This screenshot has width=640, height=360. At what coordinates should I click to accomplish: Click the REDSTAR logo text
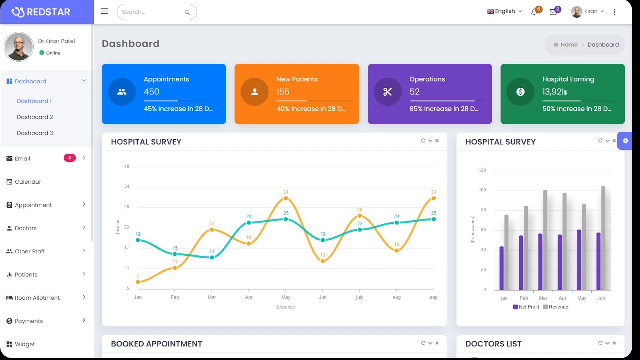tap(48, 12)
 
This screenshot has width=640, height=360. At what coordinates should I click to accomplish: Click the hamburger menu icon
tap(104, 11)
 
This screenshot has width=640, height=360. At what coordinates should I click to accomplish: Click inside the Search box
tap(152, 12)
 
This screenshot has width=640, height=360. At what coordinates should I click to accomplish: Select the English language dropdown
tap(504, 11)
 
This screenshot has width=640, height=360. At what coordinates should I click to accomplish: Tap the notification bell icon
tap(534, 12)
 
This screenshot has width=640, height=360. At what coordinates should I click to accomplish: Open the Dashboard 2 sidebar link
tap(35, 117)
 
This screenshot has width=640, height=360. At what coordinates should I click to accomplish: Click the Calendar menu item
tap(28, 182)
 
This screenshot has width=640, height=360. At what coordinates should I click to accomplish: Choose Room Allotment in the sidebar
tap(37, 298)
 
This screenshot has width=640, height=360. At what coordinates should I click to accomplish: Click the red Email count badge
tap(69, 158)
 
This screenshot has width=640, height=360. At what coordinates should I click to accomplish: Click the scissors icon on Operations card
tap(387, 92)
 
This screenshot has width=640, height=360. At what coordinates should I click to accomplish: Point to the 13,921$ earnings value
tap(554, 92)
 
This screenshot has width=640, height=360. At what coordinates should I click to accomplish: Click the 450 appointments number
tap(151, 92)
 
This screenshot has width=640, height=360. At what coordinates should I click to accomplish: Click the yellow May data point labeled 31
tap(286, 198)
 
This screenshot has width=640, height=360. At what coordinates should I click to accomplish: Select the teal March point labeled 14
tap(212, 258)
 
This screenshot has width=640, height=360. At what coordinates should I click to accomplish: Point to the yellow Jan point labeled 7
tap(138, 282)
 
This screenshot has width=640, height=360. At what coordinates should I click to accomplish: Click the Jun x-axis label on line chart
tap(323, 297)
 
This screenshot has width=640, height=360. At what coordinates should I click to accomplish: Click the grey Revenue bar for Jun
tap(603, 238)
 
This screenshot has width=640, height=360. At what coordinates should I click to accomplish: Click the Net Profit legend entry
tap(526, 307)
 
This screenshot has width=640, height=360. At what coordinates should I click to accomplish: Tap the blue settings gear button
tap(625, 141)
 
